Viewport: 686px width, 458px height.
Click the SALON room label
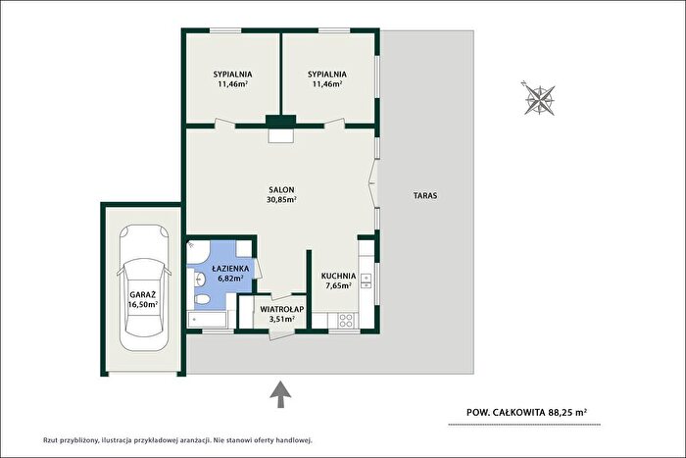[281, 190]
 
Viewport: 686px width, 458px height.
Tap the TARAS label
[425, 196]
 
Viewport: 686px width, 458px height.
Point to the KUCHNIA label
[338, 277]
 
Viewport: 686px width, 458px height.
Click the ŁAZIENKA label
[230, 269]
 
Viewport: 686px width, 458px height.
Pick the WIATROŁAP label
[282, 309]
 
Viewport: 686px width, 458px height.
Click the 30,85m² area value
[281, 200]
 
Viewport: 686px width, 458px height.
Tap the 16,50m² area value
[143, 305]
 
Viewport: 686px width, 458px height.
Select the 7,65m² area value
[339, 286]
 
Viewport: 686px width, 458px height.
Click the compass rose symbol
[539, 99]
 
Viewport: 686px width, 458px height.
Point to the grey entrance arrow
[280, 394]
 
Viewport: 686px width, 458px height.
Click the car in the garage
[143, 287]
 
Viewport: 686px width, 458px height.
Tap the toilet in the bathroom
[202, 299]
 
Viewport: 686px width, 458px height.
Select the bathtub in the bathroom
[207, 320]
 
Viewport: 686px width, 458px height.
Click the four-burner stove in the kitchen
[346, 321]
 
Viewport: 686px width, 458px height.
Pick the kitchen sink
[366, 281]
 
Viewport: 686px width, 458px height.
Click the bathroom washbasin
[200, 279]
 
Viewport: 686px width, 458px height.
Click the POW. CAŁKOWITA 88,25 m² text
[527, 412]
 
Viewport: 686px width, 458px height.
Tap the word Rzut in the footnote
[51, 440]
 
